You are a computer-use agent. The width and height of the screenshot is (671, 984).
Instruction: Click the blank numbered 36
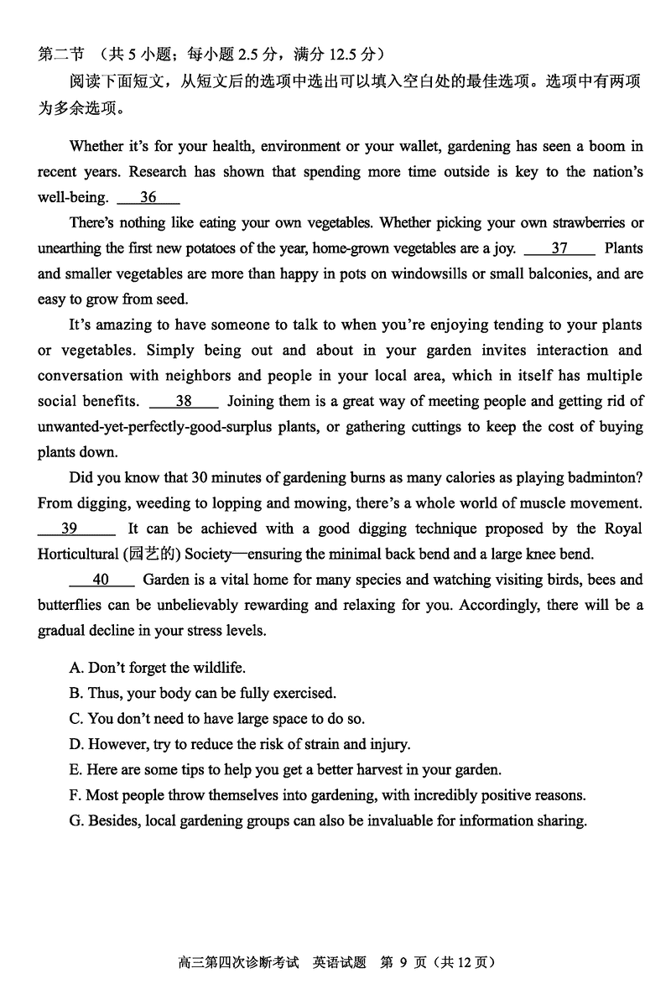click(x=148, y=198)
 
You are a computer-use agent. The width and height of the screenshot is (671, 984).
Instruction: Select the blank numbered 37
click(x=559, y=248)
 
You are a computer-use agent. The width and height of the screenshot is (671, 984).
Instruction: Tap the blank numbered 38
click(x=183, y=401)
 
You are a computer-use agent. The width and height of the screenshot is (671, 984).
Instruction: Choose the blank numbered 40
click(x=101, y=580)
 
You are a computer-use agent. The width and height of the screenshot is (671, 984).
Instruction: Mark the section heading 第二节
click(x=60, y=55)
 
